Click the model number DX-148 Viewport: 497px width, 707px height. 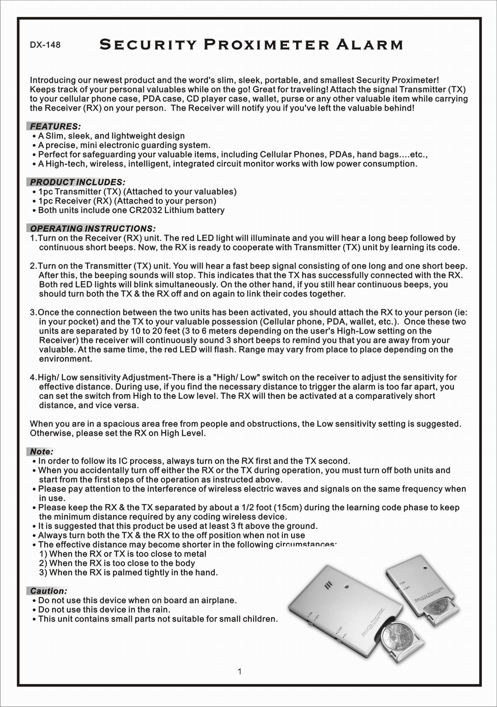(45, 45)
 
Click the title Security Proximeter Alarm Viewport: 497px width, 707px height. (251, 44)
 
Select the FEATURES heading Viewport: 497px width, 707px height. (55, 126)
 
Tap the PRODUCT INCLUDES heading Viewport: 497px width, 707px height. (77, 182)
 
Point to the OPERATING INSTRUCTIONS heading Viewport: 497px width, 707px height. (92, 228)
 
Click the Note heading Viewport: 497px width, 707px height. (41, 452)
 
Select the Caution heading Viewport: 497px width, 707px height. (48, 591)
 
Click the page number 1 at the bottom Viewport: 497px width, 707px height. (240, 671)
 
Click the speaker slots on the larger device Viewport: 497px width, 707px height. (328, 586)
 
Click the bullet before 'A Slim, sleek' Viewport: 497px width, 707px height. (34, 136)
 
